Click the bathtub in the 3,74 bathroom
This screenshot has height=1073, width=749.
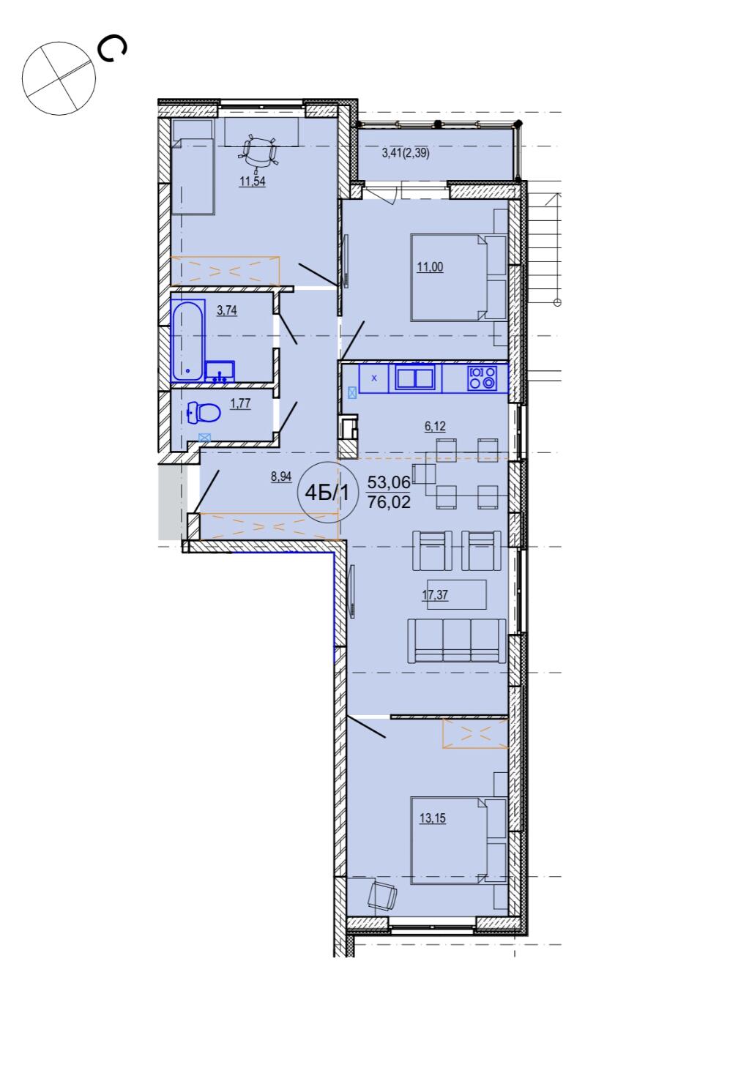click(188, 340)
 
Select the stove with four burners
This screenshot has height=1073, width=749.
click(482, 377)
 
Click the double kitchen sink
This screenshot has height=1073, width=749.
click(415, 377)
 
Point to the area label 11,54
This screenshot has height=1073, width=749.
click(253, 182)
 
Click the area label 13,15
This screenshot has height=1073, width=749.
click(432, 818)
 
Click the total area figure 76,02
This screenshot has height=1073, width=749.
click(389, 502)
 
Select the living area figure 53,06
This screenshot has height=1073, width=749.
click(389, 482)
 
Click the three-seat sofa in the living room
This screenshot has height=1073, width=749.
click(457, 641)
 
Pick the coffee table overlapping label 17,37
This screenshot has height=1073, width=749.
click(457, 594)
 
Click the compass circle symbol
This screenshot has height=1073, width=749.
click(59, 78)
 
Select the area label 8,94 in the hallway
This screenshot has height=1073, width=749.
click(281, 476)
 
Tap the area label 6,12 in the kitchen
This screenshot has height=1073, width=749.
click(435, 426)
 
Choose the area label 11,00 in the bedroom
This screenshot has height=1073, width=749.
click(430, 267)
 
